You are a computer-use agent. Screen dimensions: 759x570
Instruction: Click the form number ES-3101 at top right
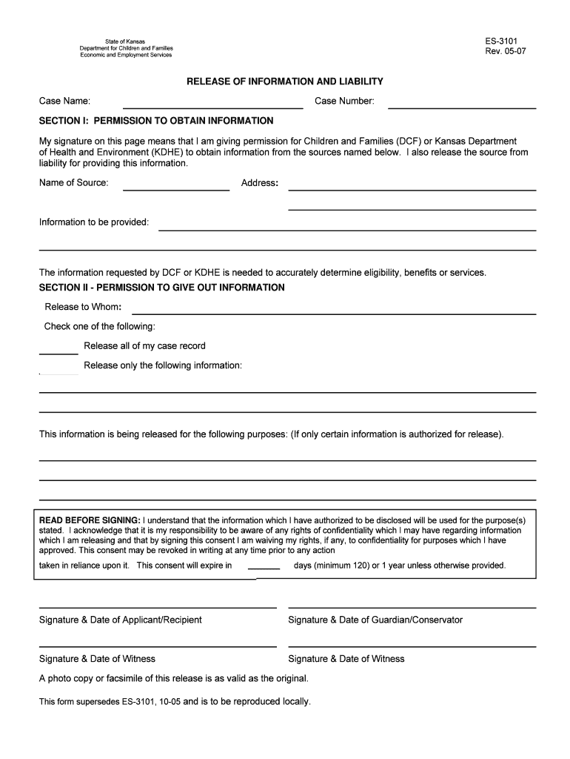501,42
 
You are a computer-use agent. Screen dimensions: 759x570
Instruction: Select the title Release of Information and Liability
284,81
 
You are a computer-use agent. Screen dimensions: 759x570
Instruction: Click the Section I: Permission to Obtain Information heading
156,120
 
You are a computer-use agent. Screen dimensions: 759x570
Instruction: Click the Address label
259,182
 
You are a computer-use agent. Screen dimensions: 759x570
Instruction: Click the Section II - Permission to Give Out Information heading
161,287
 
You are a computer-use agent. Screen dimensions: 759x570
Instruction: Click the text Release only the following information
163,365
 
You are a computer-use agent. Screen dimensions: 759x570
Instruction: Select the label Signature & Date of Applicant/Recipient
120,620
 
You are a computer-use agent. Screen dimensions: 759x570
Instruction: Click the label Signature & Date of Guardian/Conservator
375,620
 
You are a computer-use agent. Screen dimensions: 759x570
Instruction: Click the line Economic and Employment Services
126,55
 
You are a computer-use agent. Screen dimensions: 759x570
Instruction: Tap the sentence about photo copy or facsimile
173,678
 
